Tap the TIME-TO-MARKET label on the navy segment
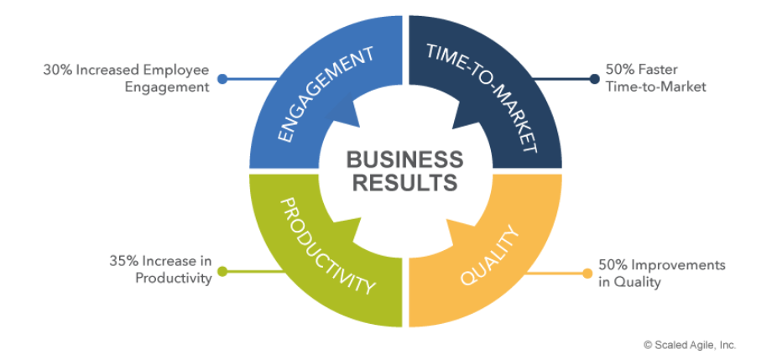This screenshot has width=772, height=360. point(484,95)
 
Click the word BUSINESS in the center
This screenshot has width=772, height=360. point(404,159)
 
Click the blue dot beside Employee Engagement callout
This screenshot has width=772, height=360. point(222,80)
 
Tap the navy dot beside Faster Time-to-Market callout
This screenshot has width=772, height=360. point(594,80)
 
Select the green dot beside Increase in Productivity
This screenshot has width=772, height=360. point(222,271)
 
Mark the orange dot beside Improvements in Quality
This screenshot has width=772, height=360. point(587,273)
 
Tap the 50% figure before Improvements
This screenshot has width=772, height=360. point(613,265)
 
